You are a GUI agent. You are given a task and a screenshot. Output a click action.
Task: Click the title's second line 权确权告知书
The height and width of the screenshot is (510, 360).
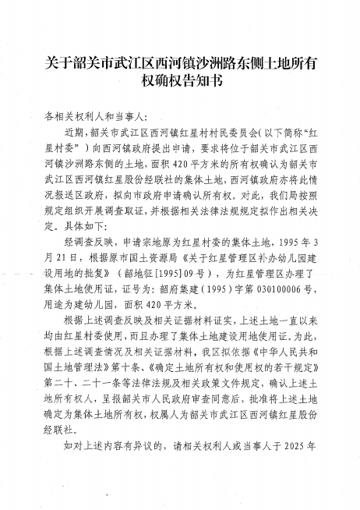[180, 80]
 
